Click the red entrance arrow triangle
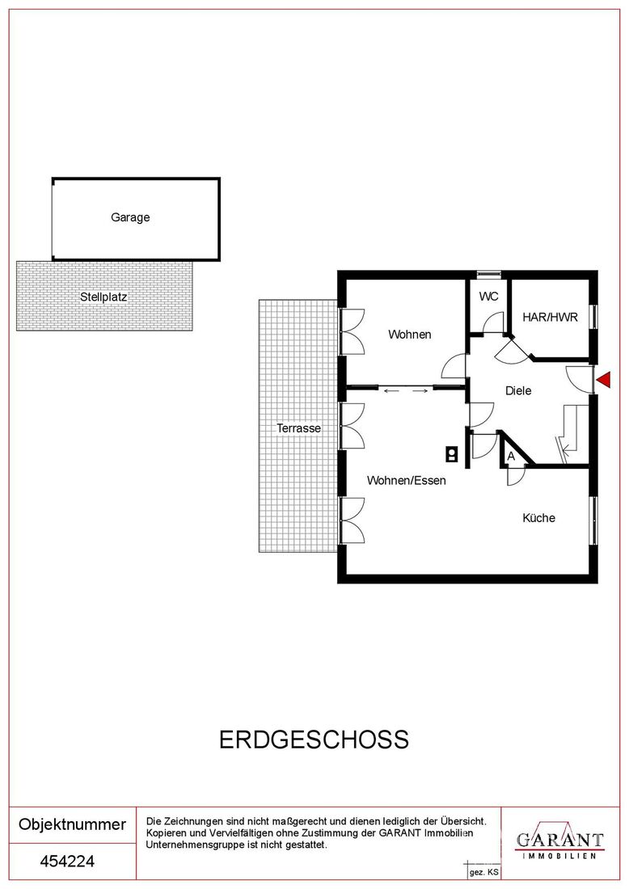605,379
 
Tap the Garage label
130,217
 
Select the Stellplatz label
103,297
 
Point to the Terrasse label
298,428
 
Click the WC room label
488,297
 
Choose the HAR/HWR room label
550,317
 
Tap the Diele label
518,390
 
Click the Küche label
538,517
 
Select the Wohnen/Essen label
406,480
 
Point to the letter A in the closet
510,456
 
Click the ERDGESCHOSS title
314,739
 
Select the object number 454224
67,862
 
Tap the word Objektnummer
72,824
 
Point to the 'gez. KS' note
483,873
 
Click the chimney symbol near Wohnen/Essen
452,453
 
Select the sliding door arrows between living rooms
405,390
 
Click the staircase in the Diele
569,434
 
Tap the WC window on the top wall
489,275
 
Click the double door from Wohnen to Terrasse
352,331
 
